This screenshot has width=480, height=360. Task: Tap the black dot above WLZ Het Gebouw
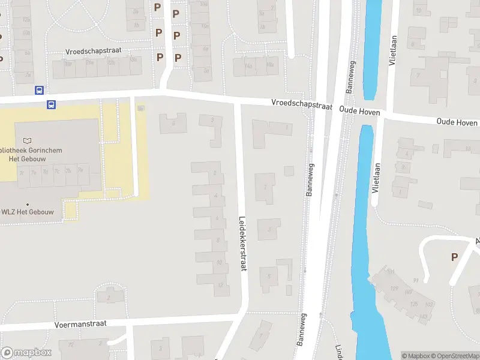coord(26,204)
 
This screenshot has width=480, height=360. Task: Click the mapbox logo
coord(26,352)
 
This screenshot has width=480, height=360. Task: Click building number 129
coord(394,289)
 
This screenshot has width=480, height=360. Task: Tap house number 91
coord(416,280)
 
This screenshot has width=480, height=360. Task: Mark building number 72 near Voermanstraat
coord(71,345)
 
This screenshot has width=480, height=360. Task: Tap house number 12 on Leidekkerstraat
coord(220,284)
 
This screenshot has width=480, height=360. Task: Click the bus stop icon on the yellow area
coord(51,104)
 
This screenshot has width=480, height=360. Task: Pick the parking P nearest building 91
coord(454,257)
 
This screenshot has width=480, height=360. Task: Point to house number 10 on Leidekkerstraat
coord(220,262)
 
